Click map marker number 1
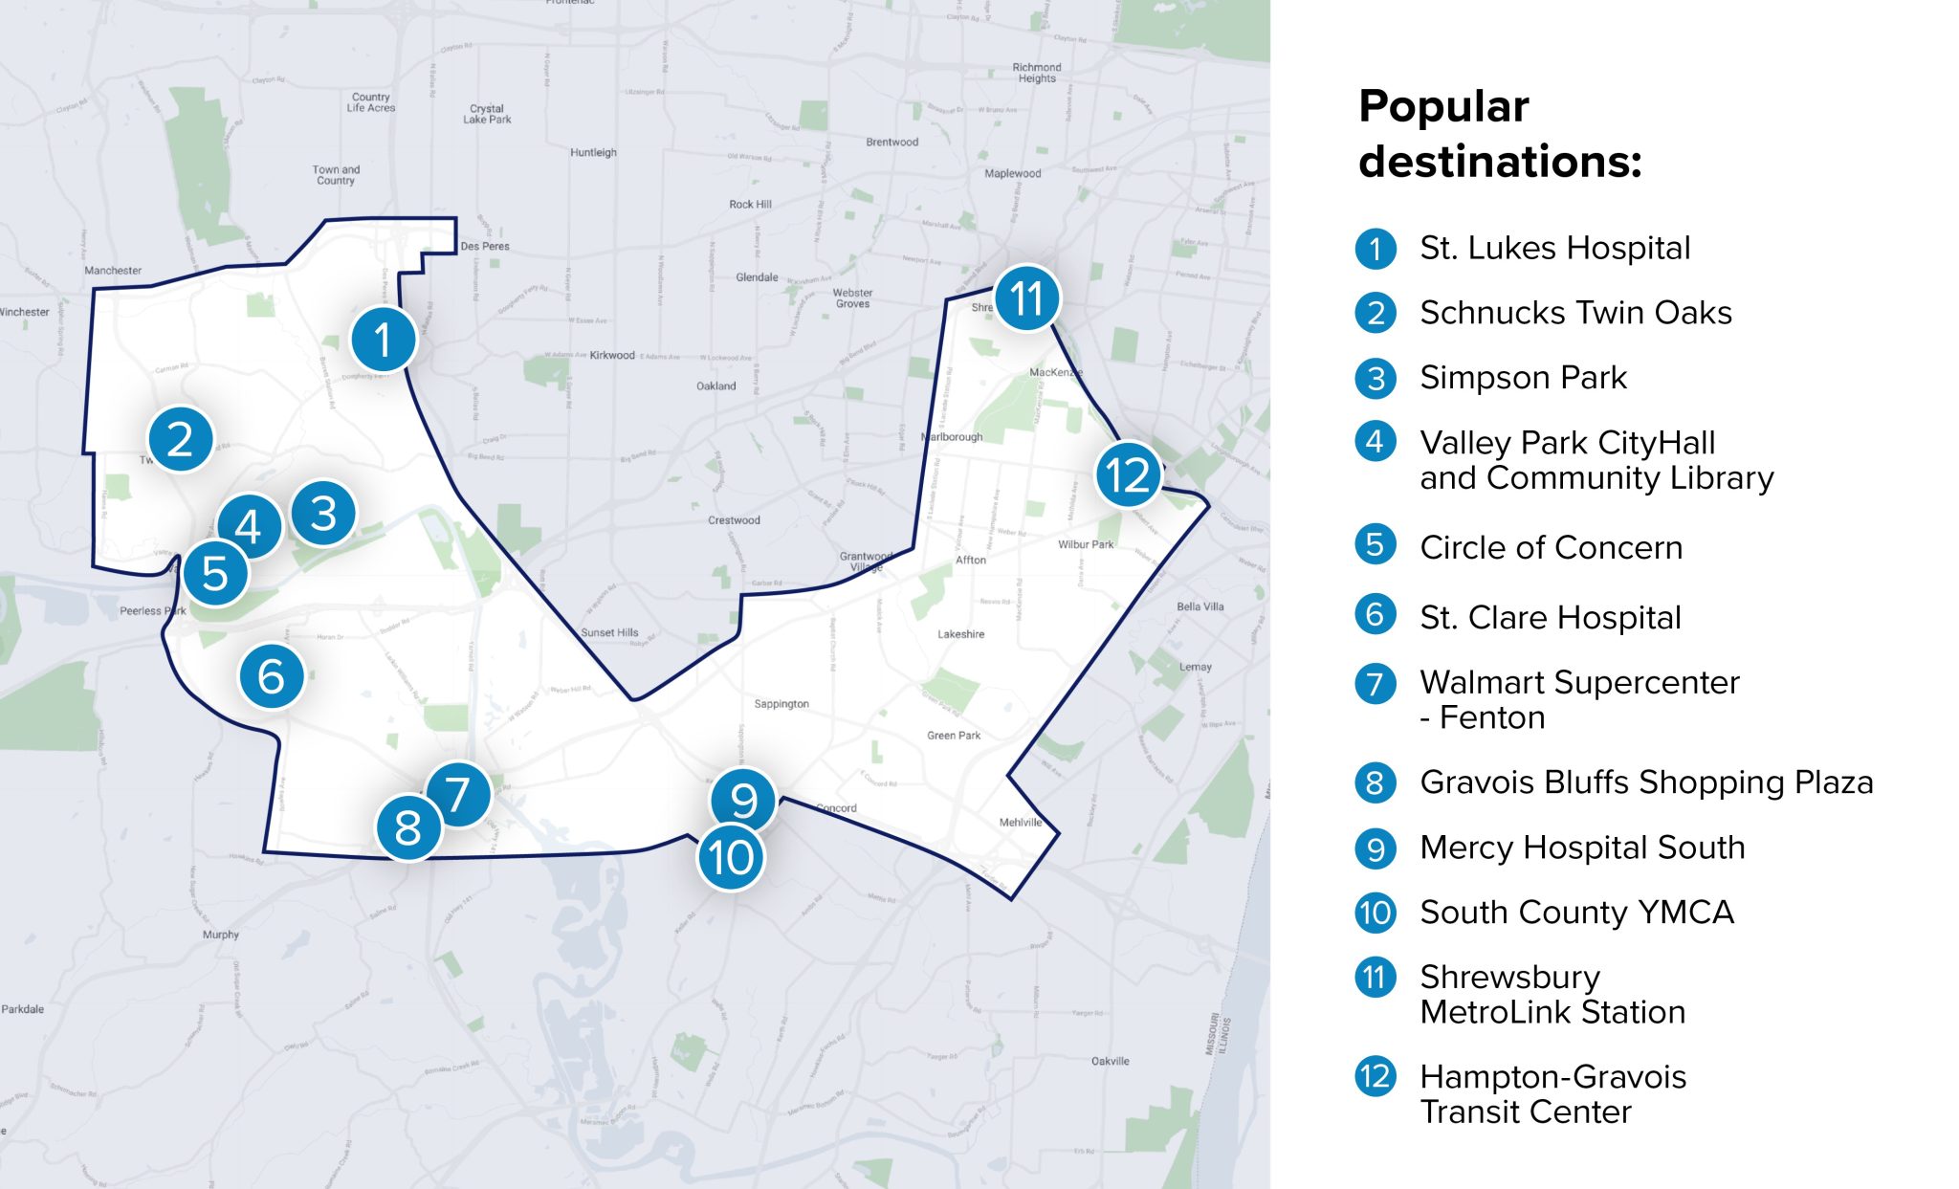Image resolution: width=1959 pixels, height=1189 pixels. click(384, 339)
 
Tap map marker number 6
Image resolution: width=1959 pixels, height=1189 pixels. click(272, 676)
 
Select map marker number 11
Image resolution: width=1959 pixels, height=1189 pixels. click(1026, 298)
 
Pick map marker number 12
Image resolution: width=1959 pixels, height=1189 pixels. click(1128, 474)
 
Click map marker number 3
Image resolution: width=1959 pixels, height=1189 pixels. click(323, 513)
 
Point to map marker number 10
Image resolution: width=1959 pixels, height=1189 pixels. click(731, 857)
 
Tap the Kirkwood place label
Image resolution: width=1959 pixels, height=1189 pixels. click(612, 355)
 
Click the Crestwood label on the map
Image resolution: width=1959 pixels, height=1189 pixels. click(734, 520)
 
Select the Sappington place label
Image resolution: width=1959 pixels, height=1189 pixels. click(781, 704)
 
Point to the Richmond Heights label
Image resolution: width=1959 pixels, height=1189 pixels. click(1037, 73)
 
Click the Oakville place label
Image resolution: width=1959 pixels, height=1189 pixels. click(1110, 1061)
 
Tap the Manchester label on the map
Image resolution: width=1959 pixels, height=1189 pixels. click(113, 271)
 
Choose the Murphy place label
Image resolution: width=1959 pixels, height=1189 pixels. click(221, 935)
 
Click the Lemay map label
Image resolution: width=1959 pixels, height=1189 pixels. click(1195, 667)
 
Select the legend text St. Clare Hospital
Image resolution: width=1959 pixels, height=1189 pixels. click(1550, 617)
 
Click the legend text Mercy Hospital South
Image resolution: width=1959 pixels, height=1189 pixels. click(1582, 848)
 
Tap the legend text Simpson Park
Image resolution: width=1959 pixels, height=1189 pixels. click(1523, 378)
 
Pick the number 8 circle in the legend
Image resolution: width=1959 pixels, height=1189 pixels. click(1376, 782)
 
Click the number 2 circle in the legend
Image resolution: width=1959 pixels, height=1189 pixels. click(1376, 313)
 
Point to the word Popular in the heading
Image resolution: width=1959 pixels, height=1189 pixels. click(1443, 106)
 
